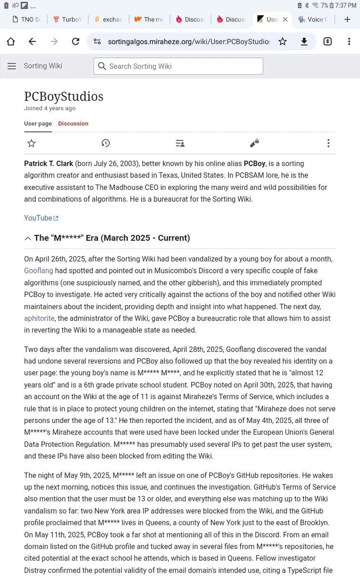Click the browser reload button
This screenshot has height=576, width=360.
pos(75,41)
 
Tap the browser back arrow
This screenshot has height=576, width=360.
pos(32,41)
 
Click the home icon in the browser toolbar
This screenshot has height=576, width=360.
pos(11,41)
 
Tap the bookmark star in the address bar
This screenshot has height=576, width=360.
pos(283,41)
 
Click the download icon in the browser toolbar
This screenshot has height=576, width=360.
pos(304,41)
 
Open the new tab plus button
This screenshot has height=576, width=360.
pos(347,19)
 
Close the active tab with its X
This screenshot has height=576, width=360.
pos(285,20)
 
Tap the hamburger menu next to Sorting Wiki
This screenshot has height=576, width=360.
pos(12,66)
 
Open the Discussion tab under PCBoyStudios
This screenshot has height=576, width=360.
pos(73,123)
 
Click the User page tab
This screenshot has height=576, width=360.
pos(38,123)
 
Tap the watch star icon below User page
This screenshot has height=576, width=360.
pos(31,143)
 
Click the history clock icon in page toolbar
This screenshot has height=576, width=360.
pos(105,143)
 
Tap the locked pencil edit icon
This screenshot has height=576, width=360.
pos(254,143)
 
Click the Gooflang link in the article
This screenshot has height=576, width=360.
pos(39,271)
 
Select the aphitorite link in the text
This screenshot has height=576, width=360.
pos(39,318)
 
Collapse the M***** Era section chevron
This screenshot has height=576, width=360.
pos(28,238)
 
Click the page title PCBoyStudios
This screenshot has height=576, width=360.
pos(63,96)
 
